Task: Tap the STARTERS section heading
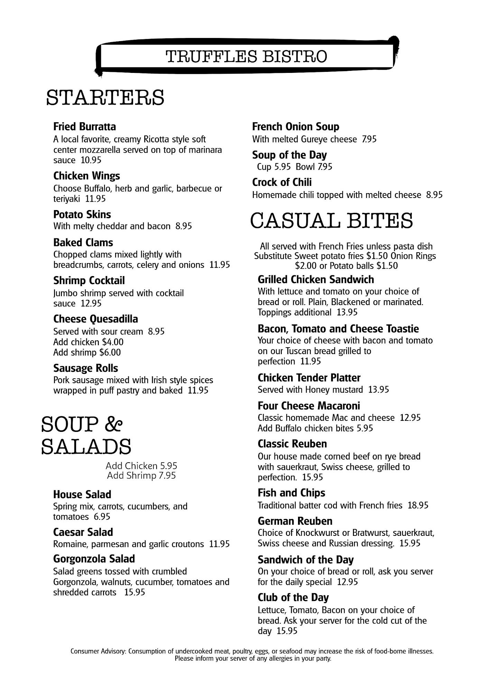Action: tap(105, 97)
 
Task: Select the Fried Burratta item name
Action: tap(84, 127)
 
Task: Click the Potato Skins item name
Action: tap(82, 215)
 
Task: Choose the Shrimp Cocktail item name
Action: tap(89, 281)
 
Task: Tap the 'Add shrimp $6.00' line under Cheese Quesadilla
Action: tap(87, 352)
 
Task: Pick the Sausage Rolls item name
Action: tap(85, 368)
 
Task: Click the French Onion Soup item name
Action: tap(296, 127)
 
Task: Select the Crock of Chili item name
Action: tap(282, 182)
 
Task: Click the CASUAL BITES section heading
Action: tap(331, 221)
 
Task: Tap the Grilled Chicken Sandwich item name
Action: tap(316, 280)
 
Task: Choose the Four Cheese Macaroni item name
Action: tap(309, 406)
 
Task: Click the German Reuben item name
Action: tap(295, 521)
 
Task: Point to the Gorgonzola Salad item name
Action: tap(94, 559)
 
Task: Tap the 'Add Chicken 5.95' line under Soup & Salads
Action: tap(141, 466)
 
